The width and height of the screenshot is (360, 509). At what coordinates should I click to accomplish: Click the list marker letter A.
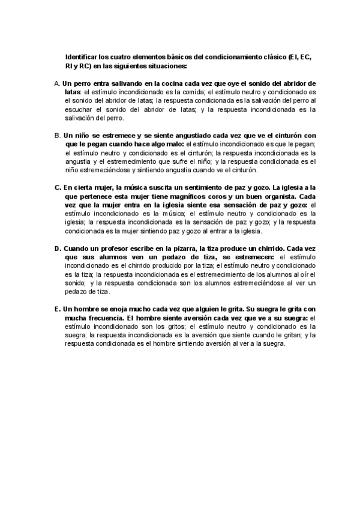click(x=56, y=83)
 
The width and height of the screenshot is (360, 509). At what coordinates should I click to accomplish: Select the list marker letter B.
click(x=56, y=136)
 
